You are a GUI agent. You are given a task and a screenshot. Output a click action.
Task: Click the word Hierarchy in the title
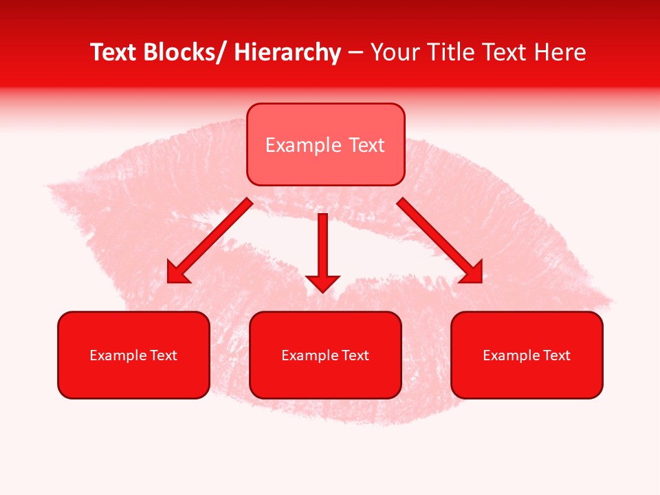[x=287, y=53]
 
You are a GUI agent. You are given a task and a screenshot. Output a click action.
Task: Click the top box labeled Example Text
[x=325, y=144]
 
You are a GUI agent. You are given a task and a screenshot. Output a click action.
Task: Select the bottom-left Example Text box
[x=133, y=355]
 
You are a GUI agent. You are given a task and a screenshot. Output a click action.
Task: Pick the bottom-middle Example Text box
[x=325, y=355]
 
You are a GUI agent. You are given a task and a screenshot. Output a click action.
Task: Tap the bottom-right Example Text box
[x=527, y=355]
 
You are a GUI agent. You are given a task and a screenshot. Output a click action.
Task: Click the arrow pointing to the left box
[x=210, y=241]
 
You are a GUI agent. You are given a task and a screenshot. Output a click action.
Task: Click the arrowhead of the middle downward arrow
[x=322, y=282]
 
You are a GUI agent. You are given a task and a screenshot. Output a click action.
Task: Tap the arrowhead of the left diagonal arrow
[x=177, y=273]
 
